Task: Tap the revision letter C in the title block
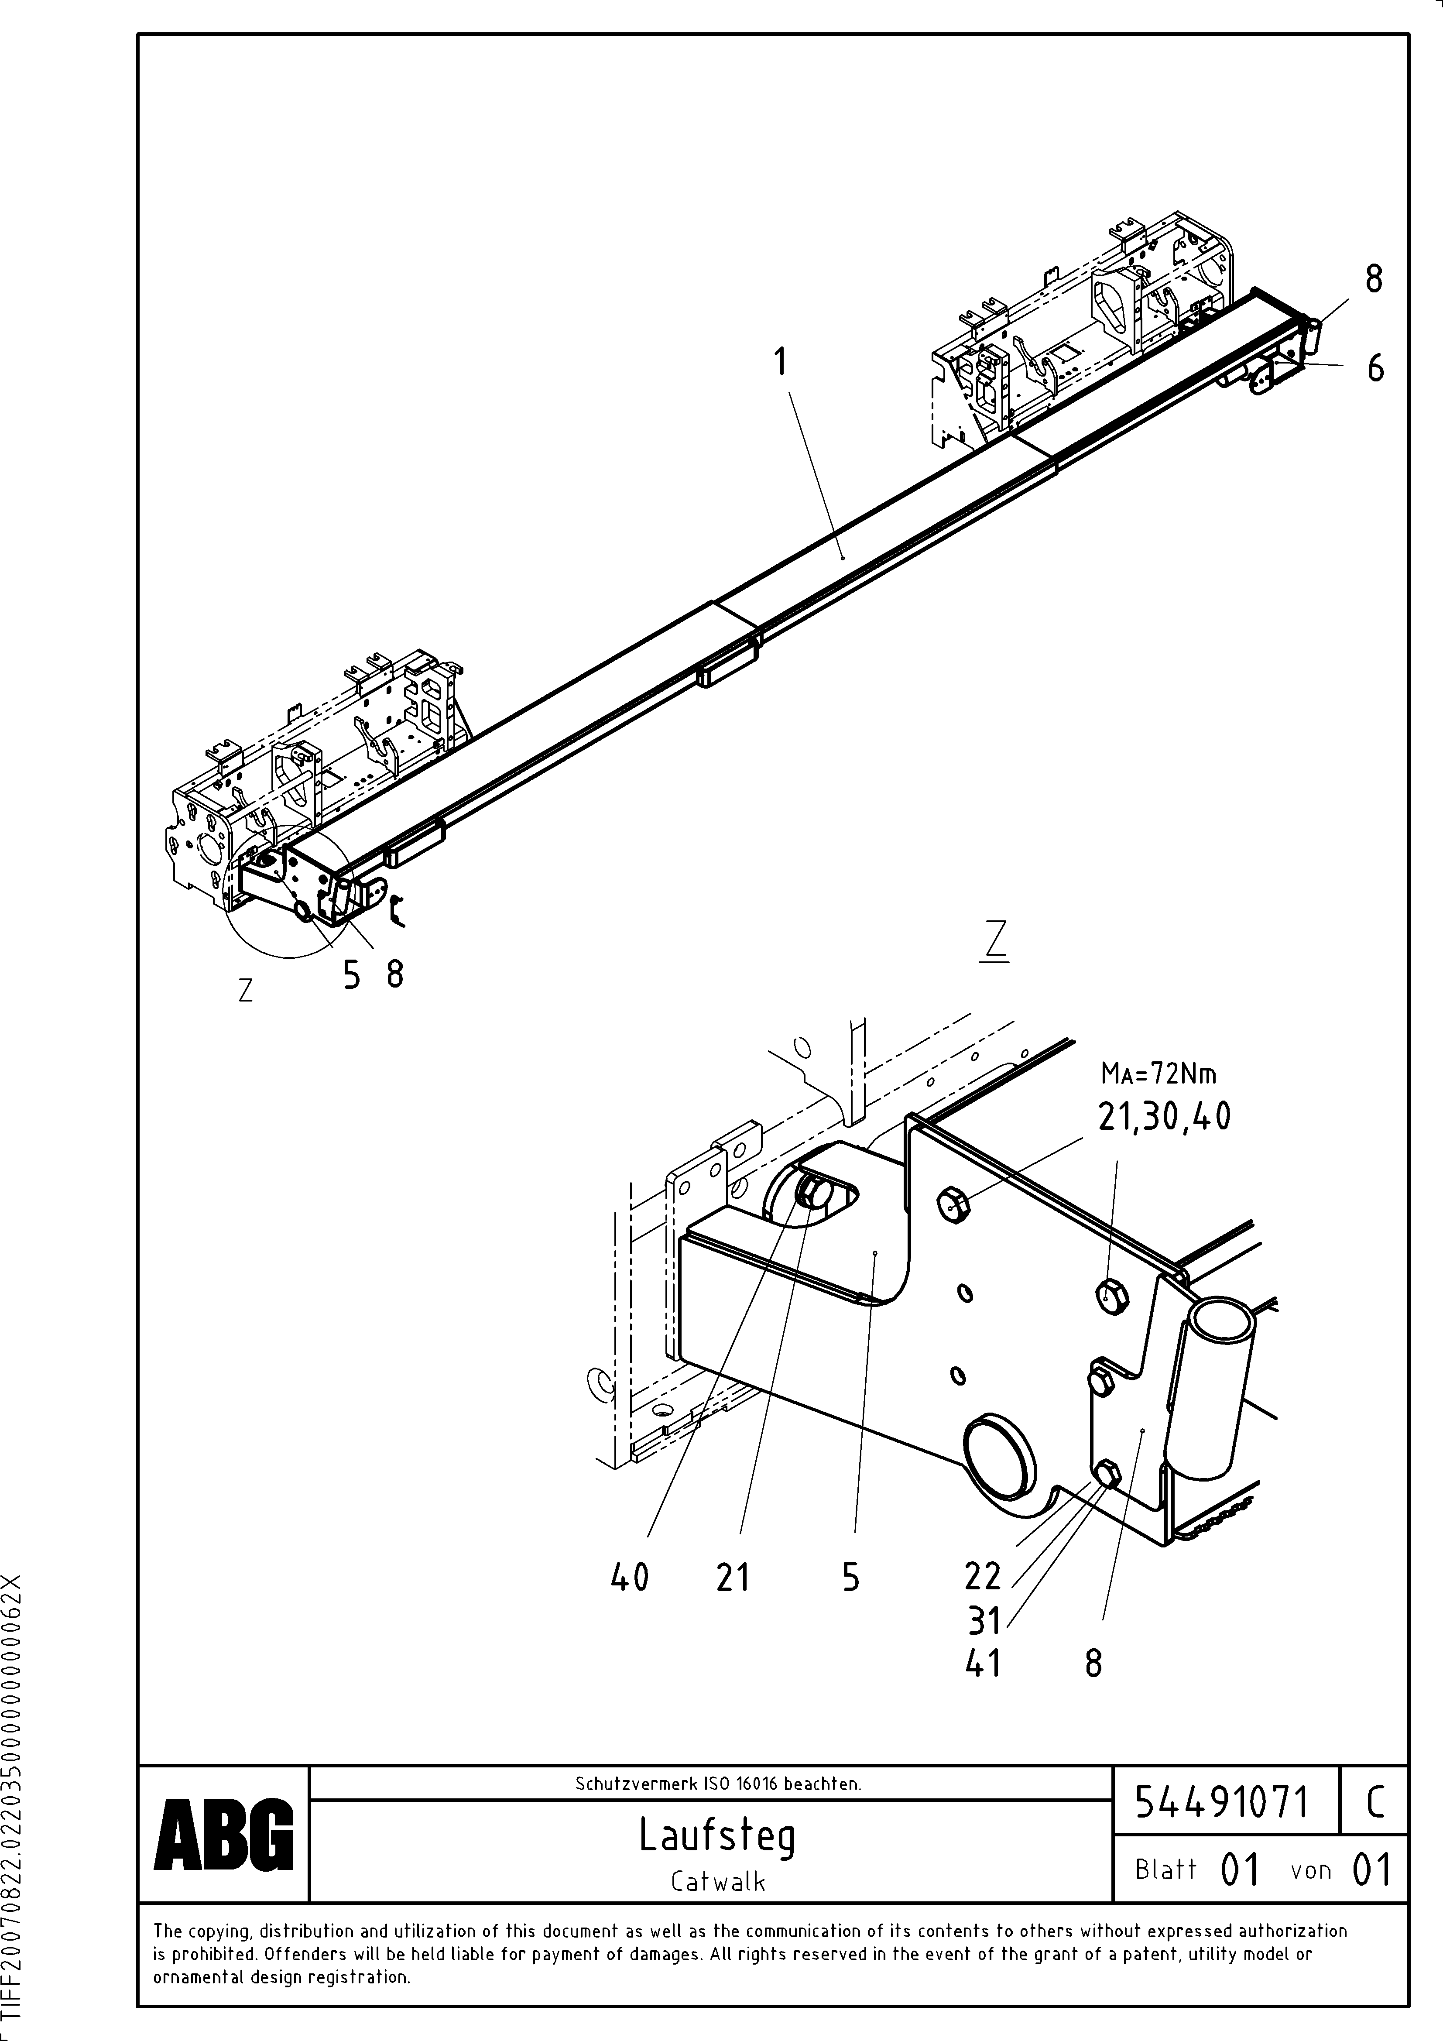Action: click(1374, 1803)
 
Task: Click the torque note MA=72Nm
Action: click(1159, 1074)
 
